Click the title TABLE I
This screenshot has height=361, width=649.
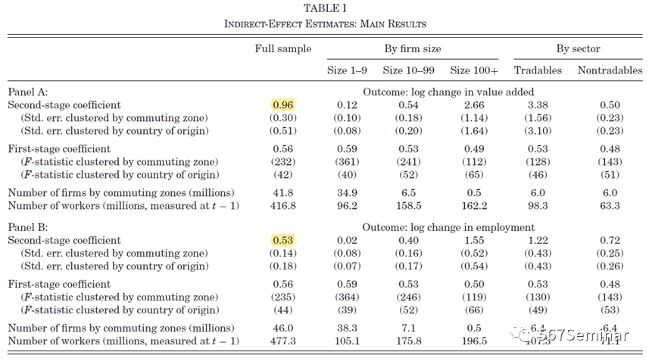(x=325, y=8)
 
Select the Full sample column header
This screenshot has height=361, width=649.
(x=282, y=48)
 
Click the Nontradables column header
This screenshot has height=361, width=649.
(x=610, y=70)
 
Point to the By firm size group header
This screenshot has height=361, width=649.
(x=413, y=48)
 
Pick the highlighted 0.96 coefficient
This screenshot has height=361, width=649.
(x=282, y=105)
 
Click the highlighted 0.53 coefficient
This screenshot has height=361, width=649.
(x=282, y=241)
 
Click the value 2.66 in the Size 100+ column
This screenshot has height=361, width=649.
(x=475, y=105)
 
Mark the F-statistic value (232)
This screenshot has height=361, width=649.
(x=282, y=162)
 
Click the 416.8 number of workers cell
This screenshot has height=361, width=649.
(x=282, y=205)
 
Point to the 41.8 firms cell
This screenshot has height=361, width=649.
(x=282, y=192)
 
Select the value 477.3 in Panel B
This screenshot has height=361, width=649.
(x=282, y=341)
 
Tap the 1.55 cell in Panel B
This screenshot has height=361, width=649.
(x=475, y=241)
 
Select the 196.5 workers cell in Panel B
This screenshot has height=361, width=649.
(x=475, y=341)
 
